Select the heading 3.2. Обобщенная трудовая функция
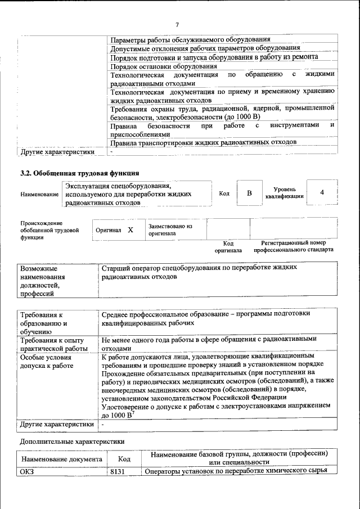pos(79,173)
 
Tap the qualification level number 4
pos(322,193)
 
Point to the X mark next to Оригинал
pos(130,230)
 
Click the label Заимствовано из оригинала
pos(170,229)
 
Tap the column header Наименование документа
pos(61,460)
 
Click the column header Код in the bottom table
pos(124,460)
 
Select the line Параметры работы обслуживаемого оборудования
pos(190,40)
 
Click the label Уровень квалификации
pos(285,193)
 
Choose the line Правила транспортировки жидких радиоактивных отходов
pos(203,142)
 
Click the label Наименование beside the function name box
pos(39,194)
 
